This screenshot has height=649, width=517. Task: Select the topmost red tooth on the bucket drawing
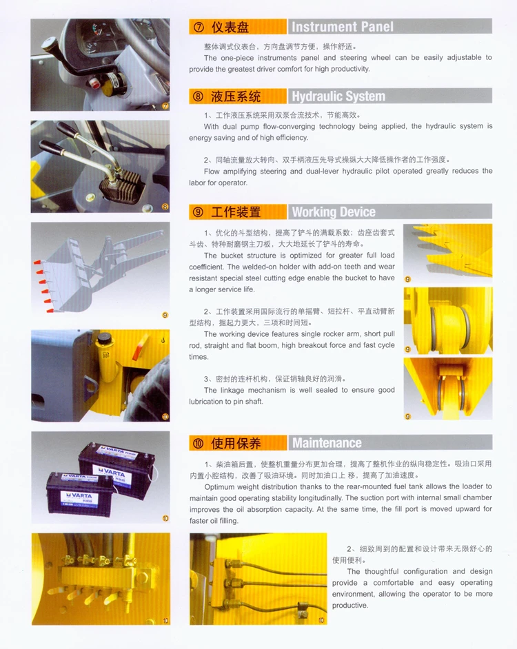coord(34,262)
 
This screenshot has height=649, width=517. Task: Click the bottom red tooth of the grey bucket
coord(50,311)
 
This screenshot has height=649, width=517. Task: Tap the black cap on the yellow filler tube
coord(105,335)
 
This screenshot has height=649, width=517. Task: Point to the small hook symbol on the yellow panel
coord(162,339)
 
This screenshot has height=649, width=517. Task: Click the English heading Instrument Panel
coord(342,27)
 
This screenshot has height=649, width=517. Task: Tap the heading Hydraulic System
coord(338,96)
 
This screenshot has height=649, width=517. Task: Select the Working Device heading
coord(334,212)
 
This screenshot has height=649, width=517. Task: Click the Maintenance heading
coord(326,443)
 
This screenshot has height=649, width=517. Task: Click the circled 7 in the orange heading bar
coord(199,27)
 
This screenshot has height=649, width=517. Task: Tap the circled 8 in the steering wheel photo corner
coord(165,206)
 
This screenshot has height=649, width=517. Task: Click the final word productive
coord(350,605)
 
